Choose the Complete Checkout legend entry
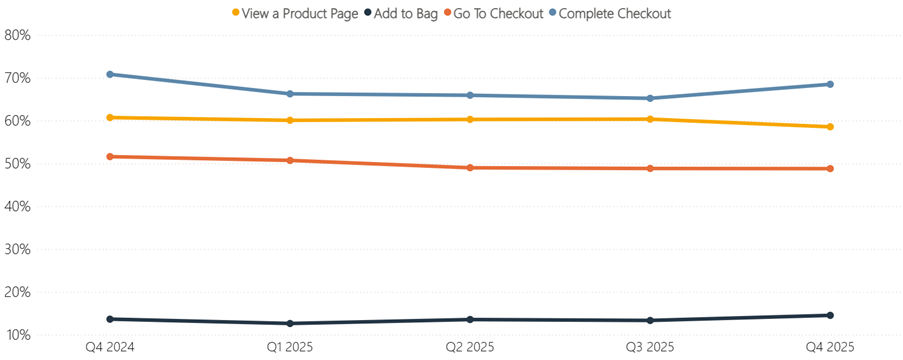point(613,13)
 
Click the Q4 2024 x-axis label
point(110,347)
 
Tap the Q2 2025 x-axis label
point(469,347)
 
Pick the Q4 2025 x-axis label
point(829,347)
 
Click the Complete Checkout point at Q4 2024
point(110,74)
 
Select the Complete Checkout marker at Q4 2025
point(829,84)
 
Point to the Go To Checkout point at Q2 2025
point(469,168)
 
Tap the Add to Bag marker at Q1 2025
point(290,323)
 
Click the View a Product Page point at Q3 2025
point(649,119)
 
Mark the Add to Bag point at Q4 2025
point(829,315)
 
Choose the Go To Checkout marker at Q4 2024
point(110,157)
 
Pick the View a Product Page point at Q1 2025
point(290,120)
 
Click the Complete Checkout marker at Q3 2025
point(649,98)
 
